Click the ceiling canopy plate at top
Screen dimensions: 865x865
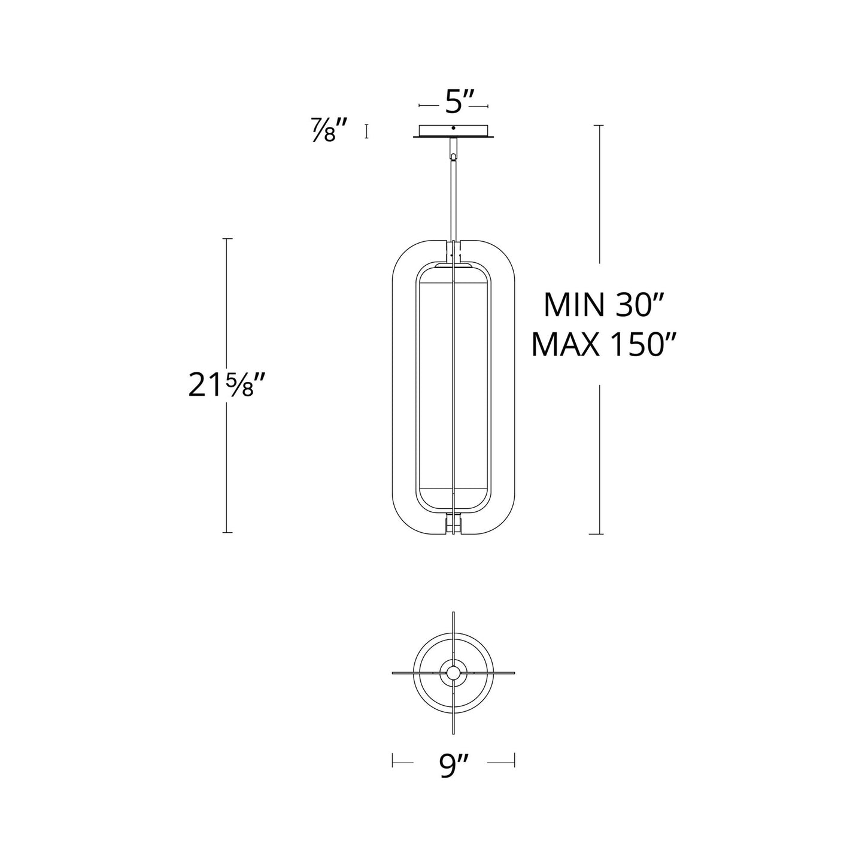pyautogui.click(x=453, y=131)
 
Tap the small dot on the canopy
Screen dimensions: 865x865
pyautogui.click(x=453, y=128)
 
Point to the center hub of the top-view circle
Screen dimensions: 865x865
pyautogui.click(x=453, y=673)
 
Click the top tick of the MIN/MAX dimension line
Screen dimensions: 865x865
pyautogui.click(x=599, y=126)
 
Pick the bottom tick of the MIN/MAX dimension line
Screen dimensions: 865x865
pyautogui.click(x=599, y=533)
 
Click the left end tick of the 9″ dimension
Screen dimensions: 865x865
pyautogui.click(x=392, y=761)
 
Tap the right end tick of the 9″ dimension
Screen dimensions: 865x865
pyautogui.click(x=515, y=761)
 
